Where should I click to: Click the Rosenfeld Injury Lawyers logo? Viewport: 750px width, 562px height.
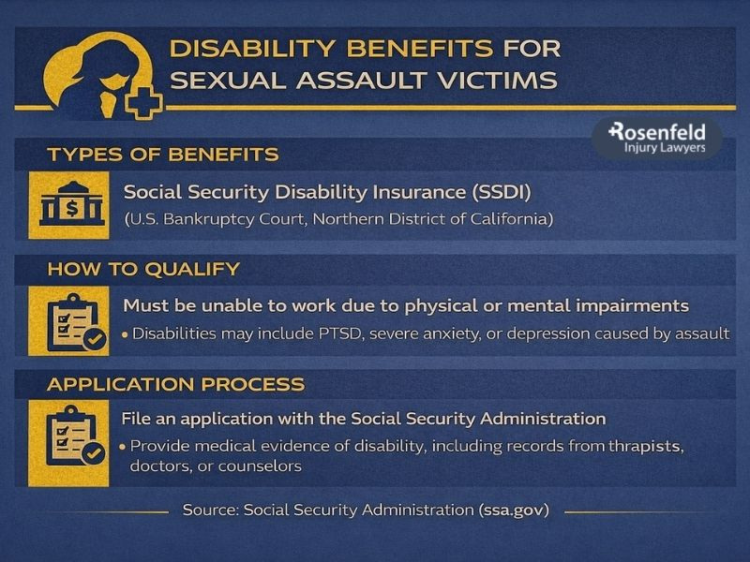[x=657, y=138]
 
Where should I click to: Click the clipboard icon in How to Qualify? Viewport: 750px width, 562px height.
[x=70, y=319]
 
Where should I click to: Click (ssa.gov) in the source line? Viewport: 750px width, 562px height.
[x=514, y=510]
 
